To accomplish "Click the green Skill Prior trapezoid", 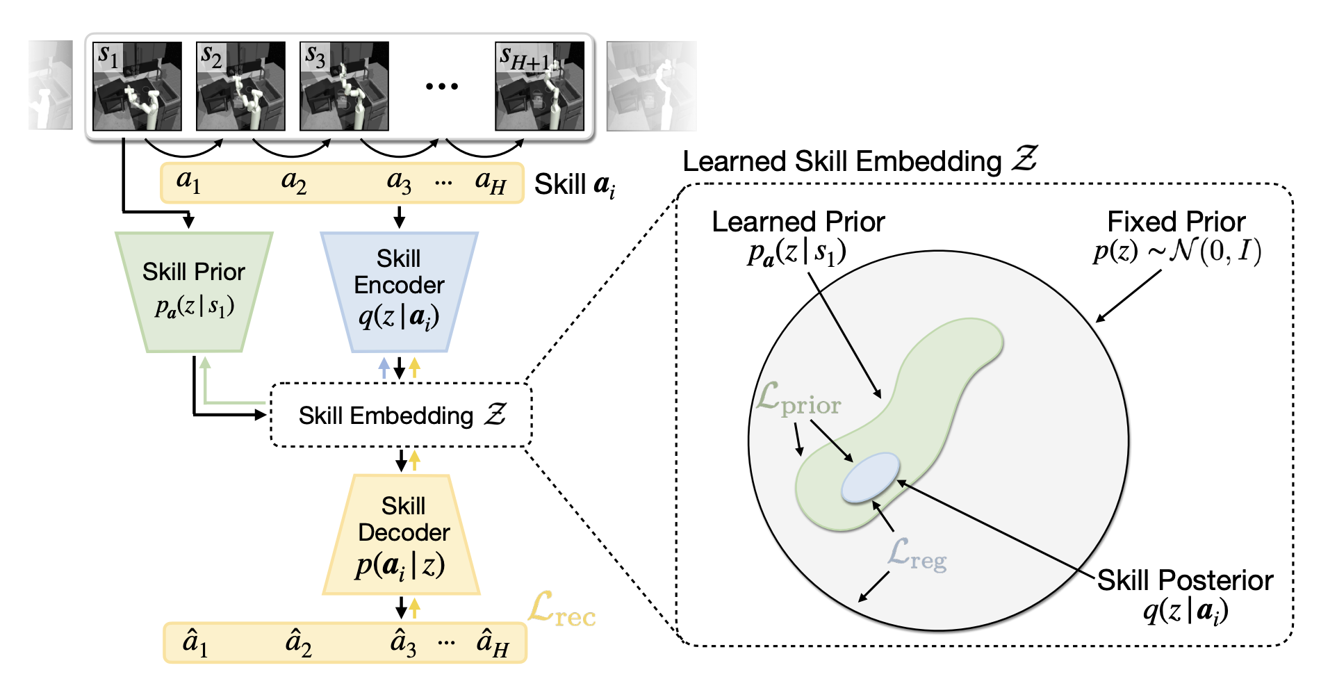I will [194, 292].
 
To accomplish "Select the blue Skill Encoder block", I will [399, 292].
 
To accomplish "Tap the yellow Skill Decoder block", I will [402, 535].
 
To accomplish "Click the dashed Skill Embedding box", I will [401, 415].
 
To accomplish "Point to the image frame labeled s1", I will [137, 86].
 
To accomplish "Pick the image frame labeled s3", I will [344, 86].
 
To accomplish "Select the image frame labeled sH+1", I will [539, 86].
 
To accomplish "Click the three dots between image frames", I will [442, 86].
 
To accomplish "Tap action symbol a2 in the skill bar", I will [293, 182].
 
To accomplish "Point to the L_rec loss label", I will [561, 610].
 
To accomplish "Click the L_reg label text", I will [917, 555].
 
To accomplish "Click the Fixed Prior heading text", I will [1176, 222].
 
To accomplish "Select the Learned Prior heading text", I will [798, 222].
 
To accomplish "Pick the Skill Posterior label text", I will [1185, 580].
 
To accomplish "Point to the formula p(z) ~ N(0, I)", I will [1176, 251].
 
